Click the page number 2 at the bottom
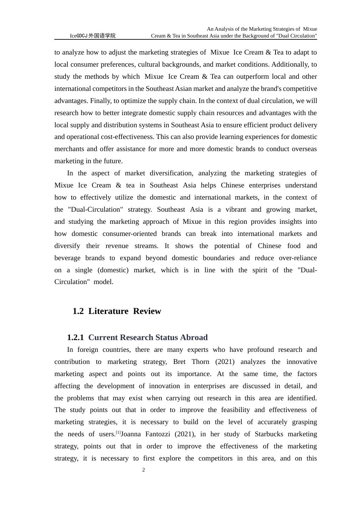pyautogui.click(x=144, y=470)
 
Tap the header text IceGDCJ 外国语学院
pyautogui.click(x=92, y=36)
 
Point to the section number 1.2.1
pyautogui.click(x=75, y=337)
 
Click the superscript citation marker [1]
pyautogui.click(x=118, y=432)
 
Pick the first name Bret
pyautogui.click(x=179, y=362)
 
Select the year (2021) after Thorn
pyautogui.click(x=225, y=362)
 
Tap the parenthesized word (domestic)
pyautogui.click(x=113, y=270)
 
